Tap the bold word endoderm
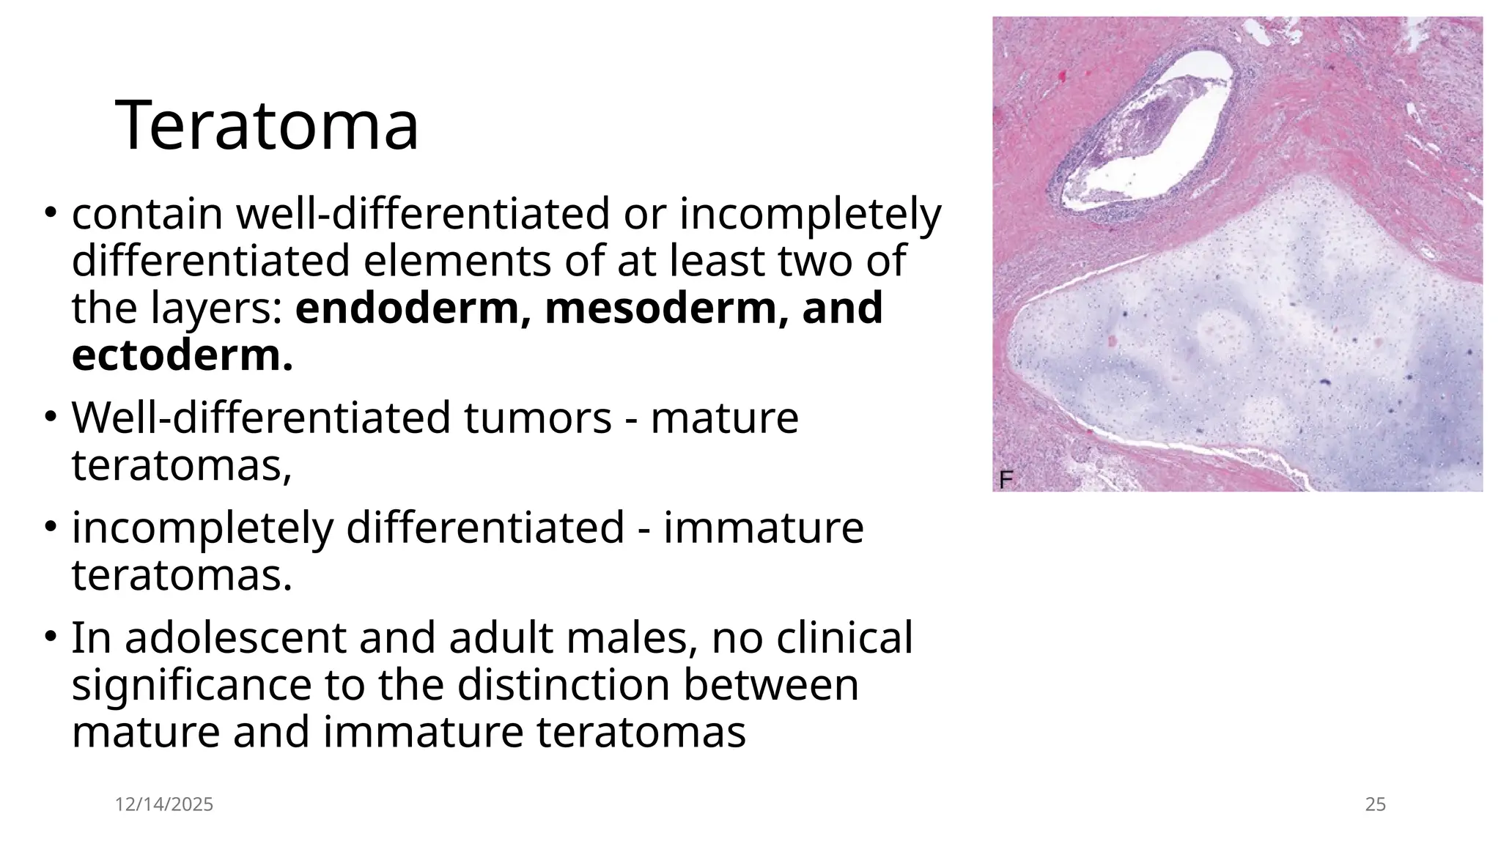pyautogui.click(x=407, y=308)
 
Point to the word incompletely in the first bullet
pyautogui.click(x=810, y=214)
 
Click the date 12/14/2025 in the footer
pyautogui.click(x=164, y=804)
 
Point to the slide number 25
pyautogui.click(x=1375, y=804)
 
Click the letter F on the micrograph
pyautogui.click(x=1006, y=481)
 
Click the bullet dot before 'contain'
pyautogui.click(x=50, y=212)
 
